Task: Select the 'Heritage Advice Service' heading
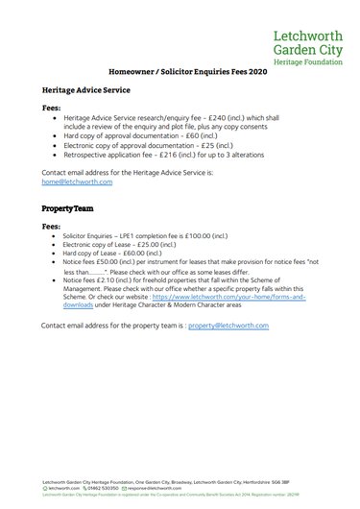tap(87, 88)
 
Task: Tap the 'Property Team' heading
tap(67, 207)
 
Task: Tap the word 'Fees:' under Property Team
tap(53, 226)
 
